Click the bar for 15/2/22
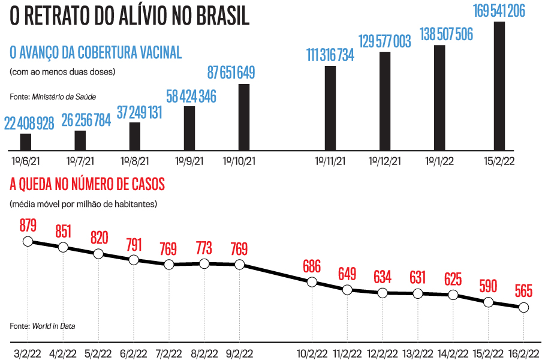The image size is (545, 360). point(499,86)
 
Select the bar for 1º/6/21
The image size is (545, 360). point(25,142)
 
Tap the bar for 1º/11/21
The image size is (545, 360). point(330,108)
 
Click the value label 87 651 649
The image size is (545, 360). point(231,73)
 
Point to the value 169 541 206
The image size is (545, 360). point(499,11)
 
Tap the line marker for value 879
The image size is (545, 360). point(28,241)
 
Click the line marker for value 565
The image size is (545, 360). point(523,307)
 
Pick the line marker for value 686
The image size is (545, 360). point(312,282)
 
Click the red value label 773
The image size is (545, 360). point(204,248)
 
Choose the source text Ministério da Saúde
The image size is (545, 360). point(64,96)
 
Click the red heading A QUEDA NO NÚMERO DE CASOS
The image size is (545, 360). point(87,184)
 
